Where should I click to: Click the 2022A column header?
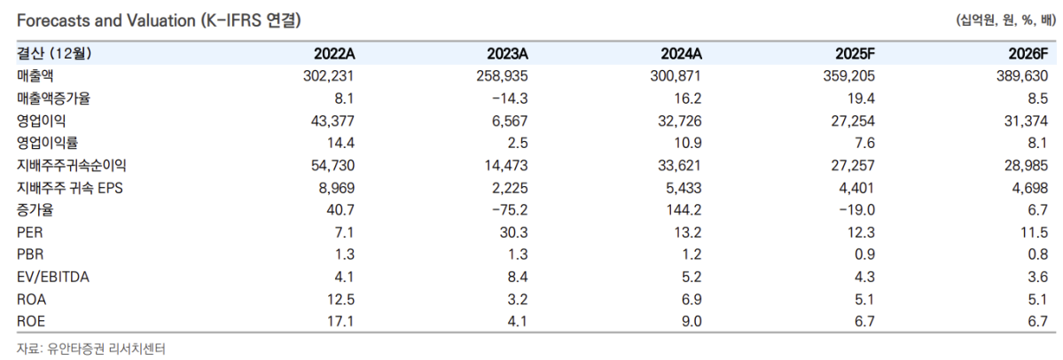[334, 54]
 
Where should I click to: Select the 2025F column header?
[854, 54]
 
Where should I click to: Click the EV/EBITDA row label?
[53, 277]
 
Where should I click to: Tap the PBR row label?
[31, 254]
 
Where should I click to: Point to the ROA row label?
[31, 299]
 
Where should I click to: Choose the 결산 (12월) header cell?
[55, 54]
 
